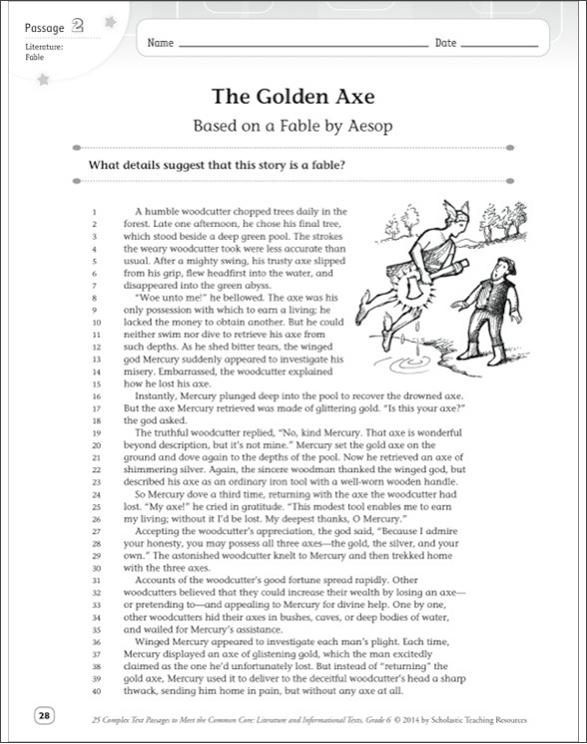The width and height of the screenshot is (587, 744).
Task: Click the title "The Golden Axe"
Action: [x=293, y=98]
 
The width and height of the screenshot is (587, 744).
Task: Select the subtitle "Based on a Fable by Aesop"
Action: [x=293, y=128]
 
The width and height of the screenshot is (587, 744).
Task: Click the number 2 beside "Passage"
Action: [x=75, y=27]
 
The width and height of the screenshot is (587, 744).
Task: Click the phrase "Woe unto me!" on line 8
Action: [x=165, y=298]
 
